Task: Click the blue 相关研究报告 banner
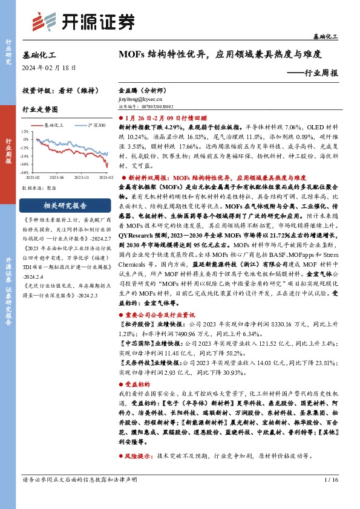coord(64,205)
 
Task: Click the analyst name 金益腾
coord(128,88)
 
